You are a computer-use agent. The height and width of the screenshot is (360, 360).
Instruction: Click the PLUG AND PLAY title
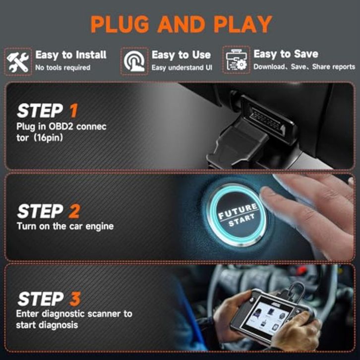(x=181, y=24)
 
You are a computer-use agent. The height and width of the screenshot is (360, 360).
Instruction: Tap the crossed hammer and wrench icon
(x=18, y=61)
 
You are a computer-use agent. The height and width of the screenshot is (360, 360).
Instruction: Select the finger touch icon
(x=134, y=61)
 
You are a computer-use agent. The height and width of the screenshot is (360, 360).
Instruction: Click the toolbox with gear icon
(x=236, y=60)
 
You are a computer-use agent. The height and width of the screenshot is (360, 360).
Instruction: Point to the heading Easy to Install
(x=71, y=55)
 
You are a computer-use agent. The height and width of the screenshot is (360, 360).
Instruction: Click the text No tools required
(x=62, y=67)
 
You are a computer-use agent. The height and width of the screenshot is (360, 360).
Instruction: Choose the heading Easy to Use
(x=181, y=55)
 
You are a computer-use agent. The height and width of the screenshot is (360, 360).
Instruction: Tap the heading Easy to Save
(x=286, y=54)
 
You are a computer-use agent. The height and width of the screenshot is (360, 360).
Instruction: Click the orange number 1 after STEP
(x=74, y=111)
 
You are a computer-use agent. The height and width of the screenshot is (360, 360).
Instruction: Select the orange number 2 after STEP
(x=74, y=211)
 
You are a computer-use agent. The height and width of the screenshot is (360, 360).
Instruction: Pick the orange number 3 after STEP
(x=75, y=299)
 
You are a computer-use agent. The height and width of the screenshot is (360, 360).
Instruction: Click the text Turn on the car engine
(x=65, y=227)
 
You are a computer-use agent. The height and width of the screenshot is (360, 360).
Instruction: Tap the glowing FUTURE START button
(x=237, y=215)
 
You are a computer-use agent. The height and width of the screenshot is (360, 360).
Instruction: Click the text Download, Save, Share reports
(x=304, y=67)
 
